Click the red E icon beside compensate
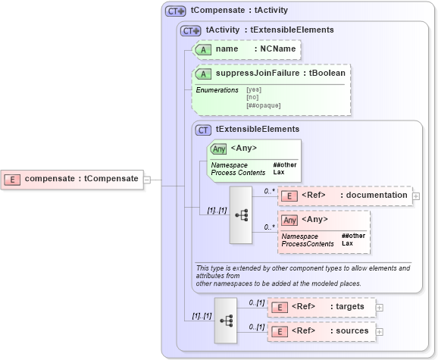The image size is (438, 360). pyautogui.click(x=13, y=179)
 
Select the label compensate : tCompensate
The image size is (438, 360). pyautogui.click(x=81, y=179)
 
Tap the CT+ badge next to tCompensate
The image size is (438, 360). pyautogui.click(x=176, y=11)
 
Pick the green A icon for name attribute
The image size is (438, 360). pyautogui.click(x=203, y=49)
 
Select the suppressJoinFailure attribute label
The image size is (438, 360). pyautogui.click(x=258, y=74)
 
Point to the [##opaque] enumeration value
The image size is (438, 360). pyautogui.click(x=263, y=105)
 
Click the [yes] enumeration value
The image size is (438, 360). pyautogui.click(x=255, y=90)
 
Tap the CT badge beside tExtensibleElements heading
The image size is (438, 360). pyautogui.click(x=203, y=130)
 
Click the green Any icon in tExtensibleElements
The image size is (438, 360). pyautogui.click(x=219, y=149)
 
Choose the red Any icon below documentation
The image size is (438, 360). pyautogui.click(x=289, y=221)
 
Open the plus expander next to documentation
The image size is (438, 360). pyautogui.click(x=416, y=196)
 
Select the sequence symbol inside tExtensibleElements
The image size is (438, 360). pyautogui.click(x=241, y=215)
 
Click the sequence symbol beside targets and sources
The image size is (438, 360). pyautogui.click(x=226, y=319)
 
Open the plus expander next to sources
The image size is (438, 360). pyautogui.click(x=380, y=331)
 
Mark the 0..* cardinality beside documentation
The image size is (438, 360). pyautogui.click(x=269, y=191)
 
